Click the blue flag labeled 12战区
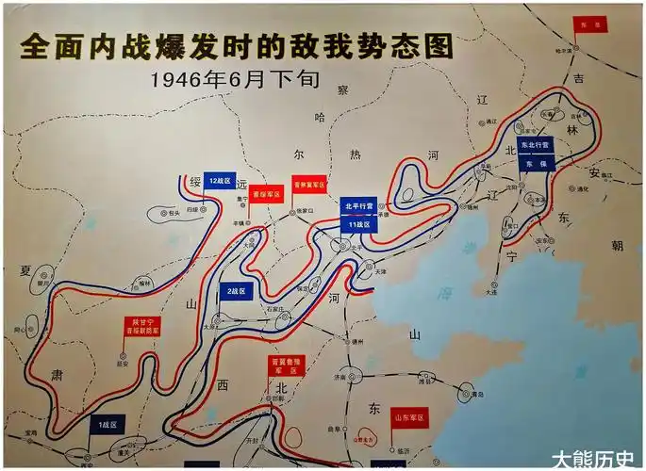220,179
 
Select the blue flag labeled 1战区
108,425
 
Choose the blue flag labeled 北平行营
359,205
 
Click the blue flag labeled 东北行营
536,150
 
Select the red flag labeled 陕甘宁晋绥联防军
140,327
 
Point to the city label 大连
490,292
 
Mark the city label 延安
122,363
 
